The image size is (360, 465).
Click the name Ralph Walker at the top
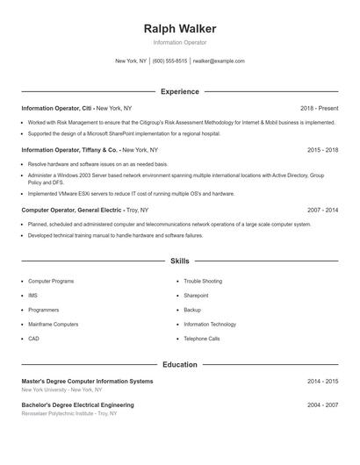click(180, 28)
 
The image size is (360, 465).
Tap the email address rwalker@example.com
click(219, 61)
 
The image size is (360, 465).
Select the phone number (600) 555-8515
click(169, 61)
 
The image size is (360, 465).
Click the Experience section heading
click(180, 91)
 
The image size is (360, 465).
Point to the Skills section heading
click(180, 261)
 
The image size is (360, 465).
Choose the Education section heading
click(180, 364)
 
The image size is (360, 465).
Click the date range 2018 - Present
click(319, 108)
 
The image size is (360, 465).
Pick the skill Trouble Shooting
click(203, 281)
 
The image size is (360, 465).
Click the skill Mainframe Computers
click(53, 324)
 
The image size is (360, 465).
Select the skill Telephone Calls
click(202, 338)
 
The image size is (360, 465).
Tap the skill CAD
click(33, 338)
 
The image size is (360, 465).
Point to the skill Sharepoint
click(196, 296)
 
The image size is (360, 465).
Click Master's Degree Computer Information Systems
click(87, 382)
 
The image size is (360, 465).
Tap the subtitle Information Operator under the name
click(180, 42)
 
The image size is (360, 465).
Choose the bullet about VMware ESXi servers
click(131, 193)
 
